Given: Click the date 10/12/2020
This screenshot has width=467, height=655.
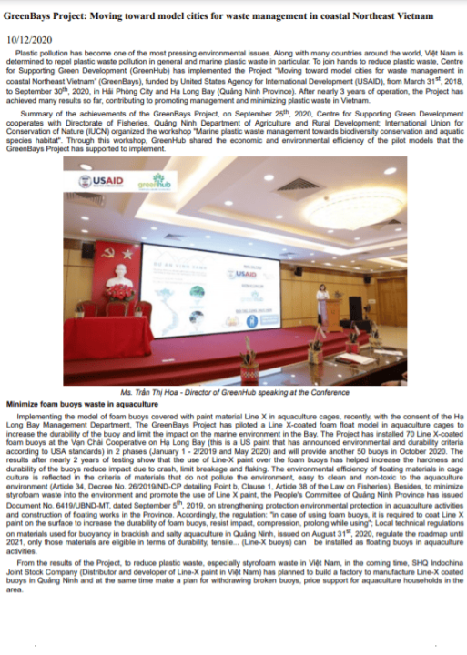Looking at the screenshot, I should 30,39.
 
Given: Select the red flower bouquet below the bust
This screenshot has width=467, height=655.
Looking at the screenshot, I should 117,294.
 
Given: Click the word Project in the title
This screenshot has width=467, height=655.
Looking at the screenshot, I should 79,16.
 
